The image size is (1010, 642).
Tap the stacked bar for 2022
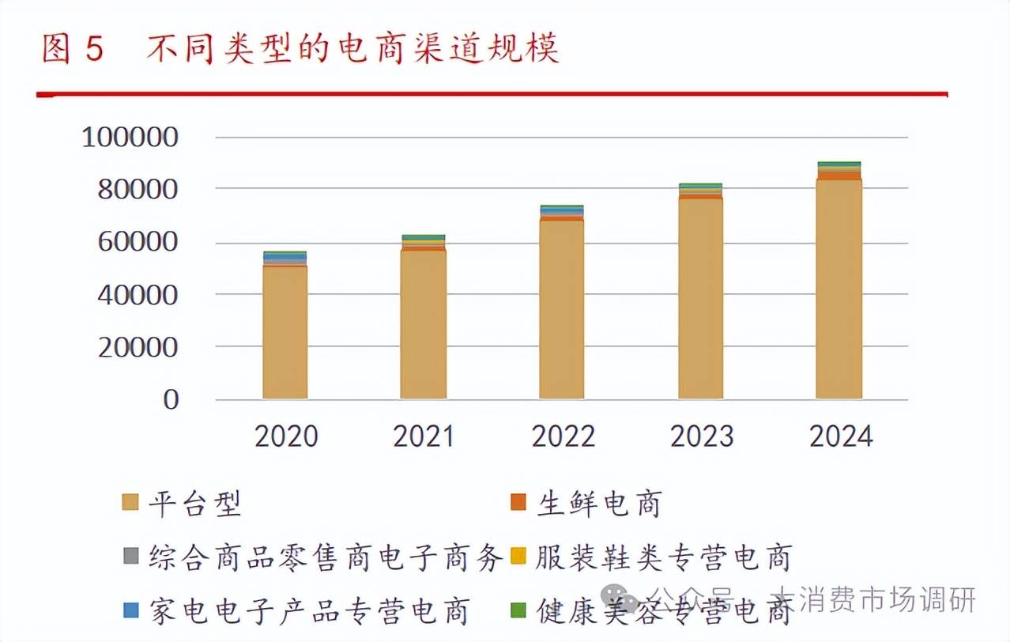pyautogui.click(x=562, y=304)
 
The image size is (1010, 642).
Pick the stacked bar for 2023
pyautogui.click(x=700, y=293)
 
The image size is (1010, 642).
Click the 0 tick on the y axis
pyautogui.click(x=171, y=400)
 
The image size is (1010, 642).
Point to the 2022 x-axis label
pyautogui.click(x=563, y=436)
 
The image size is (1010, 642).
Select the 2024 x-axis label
pyautogui.click(x=840, y=436)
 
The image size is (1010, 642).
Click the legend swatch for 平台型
pyautogui.click(x=130, y=503)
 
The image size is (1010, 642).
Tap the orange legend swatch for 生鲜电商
pyautogui.click(x=518, y=503)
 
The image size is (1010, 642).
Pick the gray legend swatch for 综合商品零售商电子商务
pyautogui.click(x=130, y=557)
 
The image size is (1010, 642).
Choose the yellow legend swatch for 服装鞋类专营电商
pyautogui.click(x=518, y=557)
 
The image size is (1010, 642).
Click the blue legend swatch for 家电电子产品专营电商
pyautogui.click(x=130, y=610)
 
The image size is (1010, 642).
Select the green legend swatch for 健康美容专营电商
pyautogui.click(x=518, y=610)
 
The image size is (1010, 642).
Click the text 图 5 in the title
pyautogui.click(x=73, y=50)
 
